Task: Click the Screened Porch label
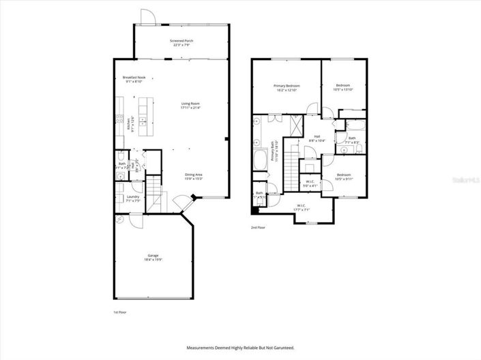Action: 181,43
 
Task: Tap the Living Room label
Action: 190,106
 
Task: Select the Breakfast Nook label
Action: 134,79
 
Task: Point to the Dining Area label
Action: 194,176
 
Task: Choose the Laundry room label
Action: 132,198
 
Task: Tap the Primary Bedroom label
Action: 287,88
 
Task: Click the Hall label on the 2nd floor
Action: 317,138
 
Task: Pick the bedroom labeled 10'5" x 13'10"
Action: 342,87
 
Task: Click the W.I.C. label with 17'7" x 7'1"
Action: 301,207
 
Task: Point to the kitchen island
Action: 144,117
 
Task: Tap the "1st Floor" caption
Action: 119,312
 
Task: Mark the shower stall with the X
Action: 297,125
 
